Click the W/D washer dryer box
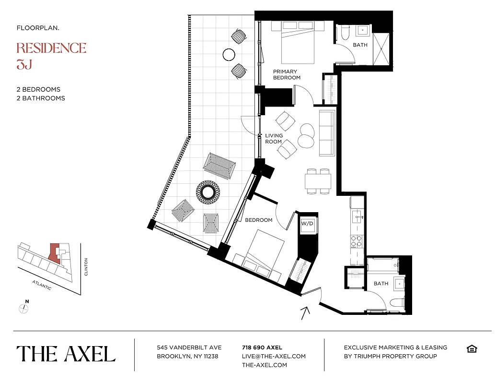(307, 224)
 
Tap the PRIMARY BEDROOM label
(286, 74)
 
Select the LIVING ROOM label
(274, 139)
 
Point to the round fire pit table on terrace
(208, 192)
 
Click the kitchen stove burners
(356, 240)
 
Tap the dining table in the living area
(318, 181)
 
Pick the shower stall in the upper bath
(381, 47)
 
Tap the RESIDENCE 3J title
(51, 55)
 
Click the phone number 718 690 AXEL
(262, 348)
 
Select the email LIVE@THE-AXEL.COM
(274, 356)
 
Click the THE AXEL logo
(66, 354)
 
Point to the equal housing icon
(471, 348)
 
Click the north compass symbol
(23, 308)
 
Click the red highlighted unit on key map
(55, 253)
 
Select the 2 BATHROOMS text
(41, 98)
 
